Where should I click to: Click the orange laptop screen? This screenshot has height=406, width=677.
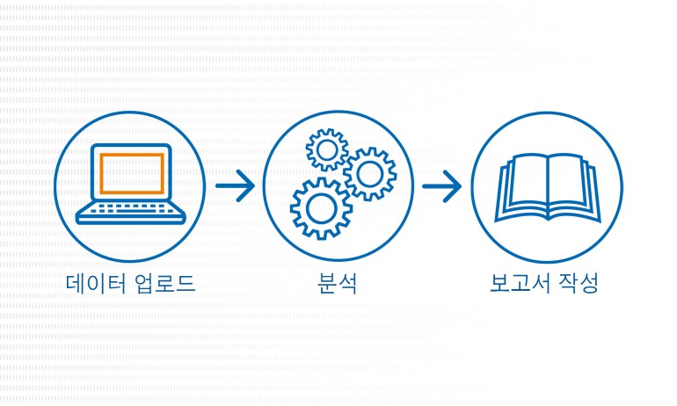[x=131, y=173]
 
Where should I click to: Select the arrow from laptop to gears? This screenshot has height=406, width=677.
[x=235, y=185]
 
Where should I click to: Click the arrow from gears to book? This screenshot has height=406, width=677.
[x=441, y=185]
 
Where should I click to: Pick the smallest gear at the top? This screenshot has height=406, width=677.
[x=327, y=150]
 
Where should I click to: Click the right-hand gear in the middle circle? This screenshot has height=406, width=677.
[x=369, y=174]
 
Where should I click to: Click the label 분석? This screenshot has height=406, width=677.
[x=338, y=283]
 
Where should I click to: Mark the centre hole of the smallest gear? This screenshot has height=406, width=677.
[x=327, y=150]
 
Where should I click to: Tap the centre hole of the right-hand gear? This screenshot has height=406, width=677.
[x=369, y=174]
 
